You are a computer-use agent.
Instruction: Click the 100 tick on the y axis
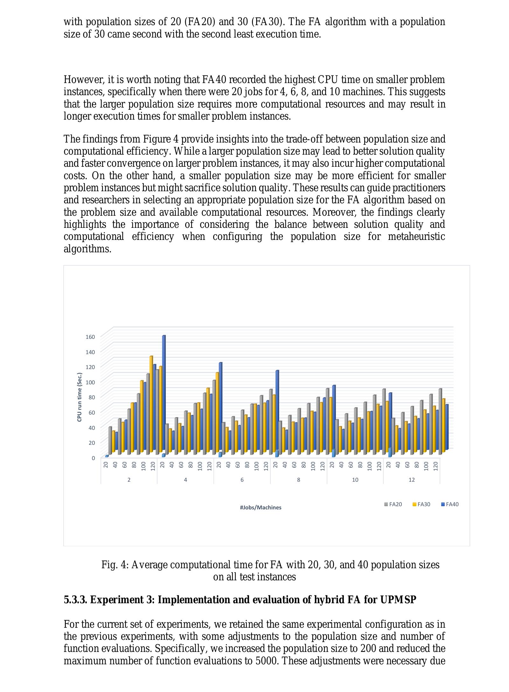point(91,382)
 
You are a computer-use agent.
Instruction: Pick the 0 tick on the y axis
point(93,458)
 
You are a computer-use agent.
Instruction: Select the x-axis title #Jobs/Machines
point(261,507)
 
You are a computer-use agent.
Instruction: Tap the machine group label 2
point(129,480)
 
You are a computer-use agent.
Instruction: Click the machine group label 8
point(298,480)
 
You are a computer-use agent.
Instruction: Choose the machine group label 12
point(411,480)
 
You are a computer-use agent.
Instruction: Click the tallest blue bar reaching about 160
point(164,391)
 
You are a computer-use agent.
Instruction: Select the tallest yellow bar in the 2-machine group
point(151,402)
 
